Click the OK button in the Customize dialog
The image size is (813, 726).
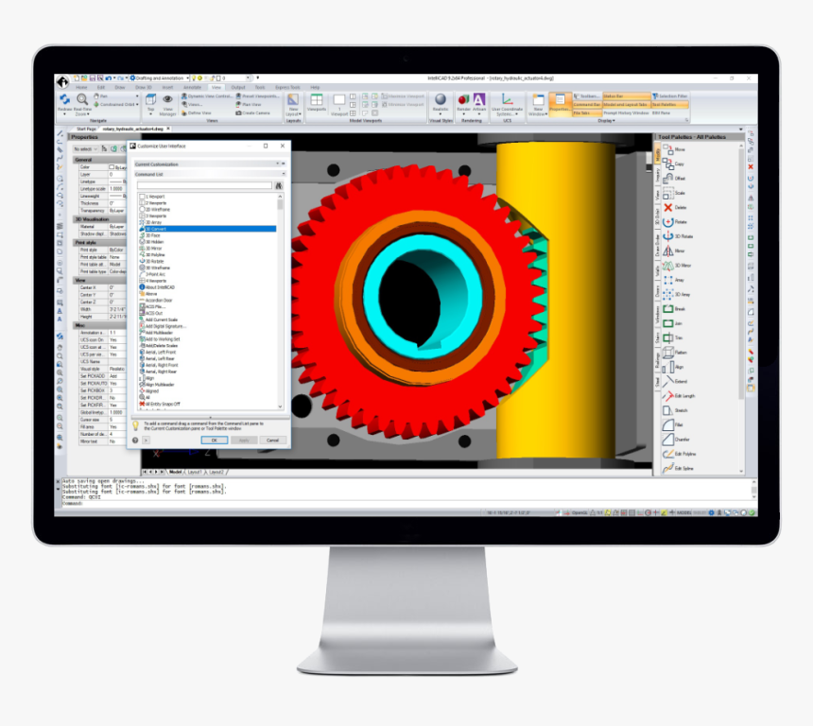pyautogui.click(x=214, y=441)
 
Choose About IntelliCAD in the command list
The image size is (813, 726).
pyautogui.click(x=164, y=286)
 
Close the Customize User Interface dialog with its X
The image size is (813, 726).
pyautogui.click(x=282, y=146)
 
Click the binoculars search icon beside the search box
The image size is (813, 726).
pyautogui.click(x=279, y=185)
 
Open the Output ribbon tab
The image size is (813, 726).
pyautogui.click(x=238, y=87)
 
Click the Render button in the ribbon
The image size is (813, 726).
pyautogui.click(x=464, y=102)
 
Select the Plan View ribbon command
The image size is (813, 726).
pyautogui.click(x=251, y=104)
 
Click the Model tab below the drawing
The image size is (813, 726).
pyautogui.click(x=175, y=471)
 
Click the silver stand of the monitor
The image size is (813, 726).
pyautogui.click(x=406, y=605)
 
